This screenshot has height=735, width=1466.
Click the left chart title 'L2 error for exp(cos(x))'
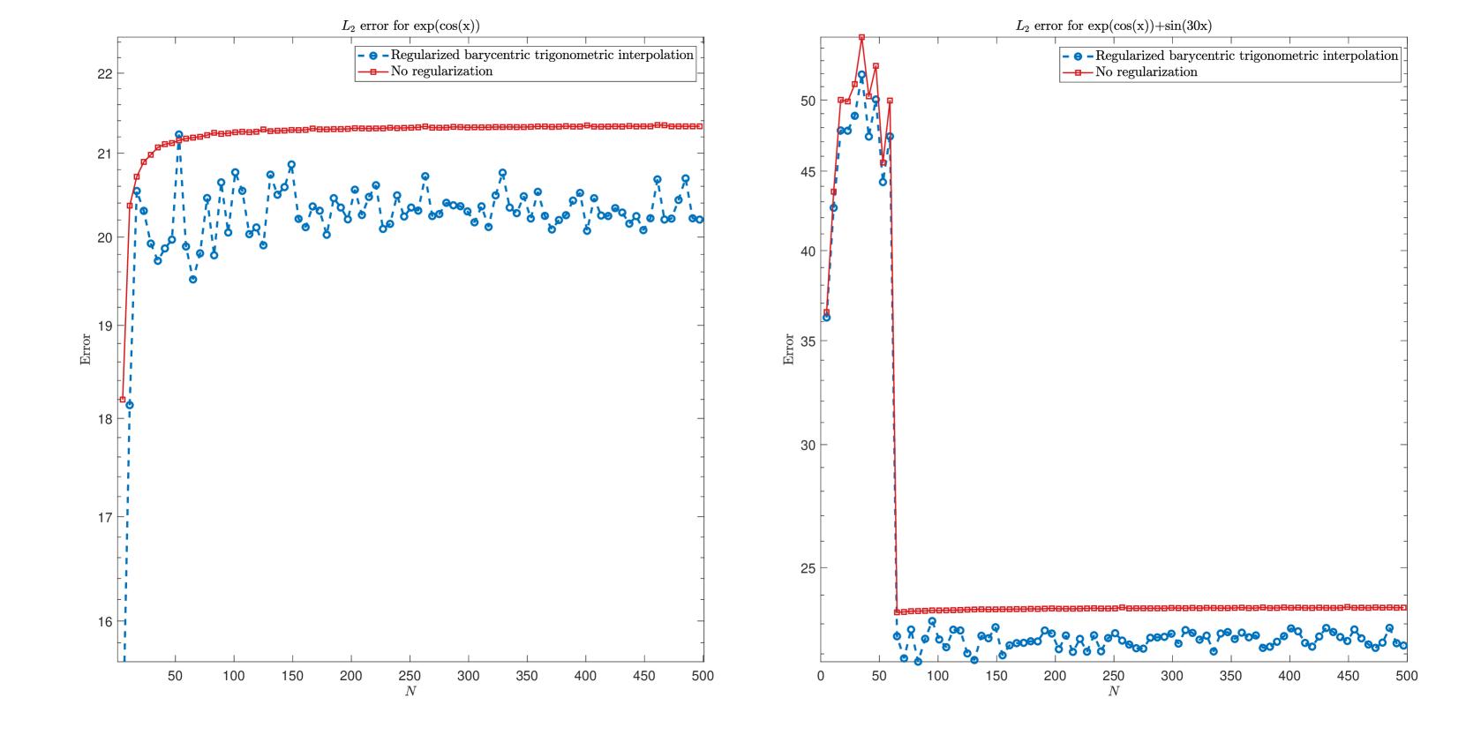[410, 26]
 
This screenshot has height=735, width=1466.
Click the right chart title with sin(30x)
[1113, 26]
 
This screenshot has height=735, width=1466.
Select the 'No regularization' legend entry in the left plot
[441, 71]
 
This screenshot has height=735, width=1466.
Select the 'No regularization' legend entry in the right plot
[1146, 72]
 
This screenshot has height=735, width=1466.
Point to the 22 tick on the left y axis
[105, 74]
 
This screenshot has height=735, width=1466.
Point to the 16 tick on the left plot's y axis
[105, 622]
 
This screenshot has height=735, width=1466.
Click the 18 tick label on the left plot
[105, 420]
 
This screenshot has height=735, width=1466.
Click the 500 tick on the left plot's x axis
[703, 676]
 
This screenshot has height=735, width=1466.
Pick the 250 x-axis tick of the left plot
[410, 676]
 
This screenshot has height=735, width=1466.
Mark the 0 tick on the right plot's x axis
[821, 676]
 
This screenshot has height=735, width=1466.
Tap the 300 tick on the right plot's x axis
[1172, 676]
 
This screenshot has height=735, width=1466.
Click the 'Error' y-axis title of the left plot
[86, 349]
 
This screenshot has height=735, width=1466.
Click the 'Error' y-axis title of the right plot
[789, 349]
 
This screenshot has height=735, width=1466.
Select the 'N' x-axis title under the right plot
[1113, 691]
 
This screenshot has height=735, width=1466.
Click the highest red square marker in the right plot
[861, 38]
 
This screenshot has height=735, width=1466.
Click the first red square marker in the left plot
[123, 400]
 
